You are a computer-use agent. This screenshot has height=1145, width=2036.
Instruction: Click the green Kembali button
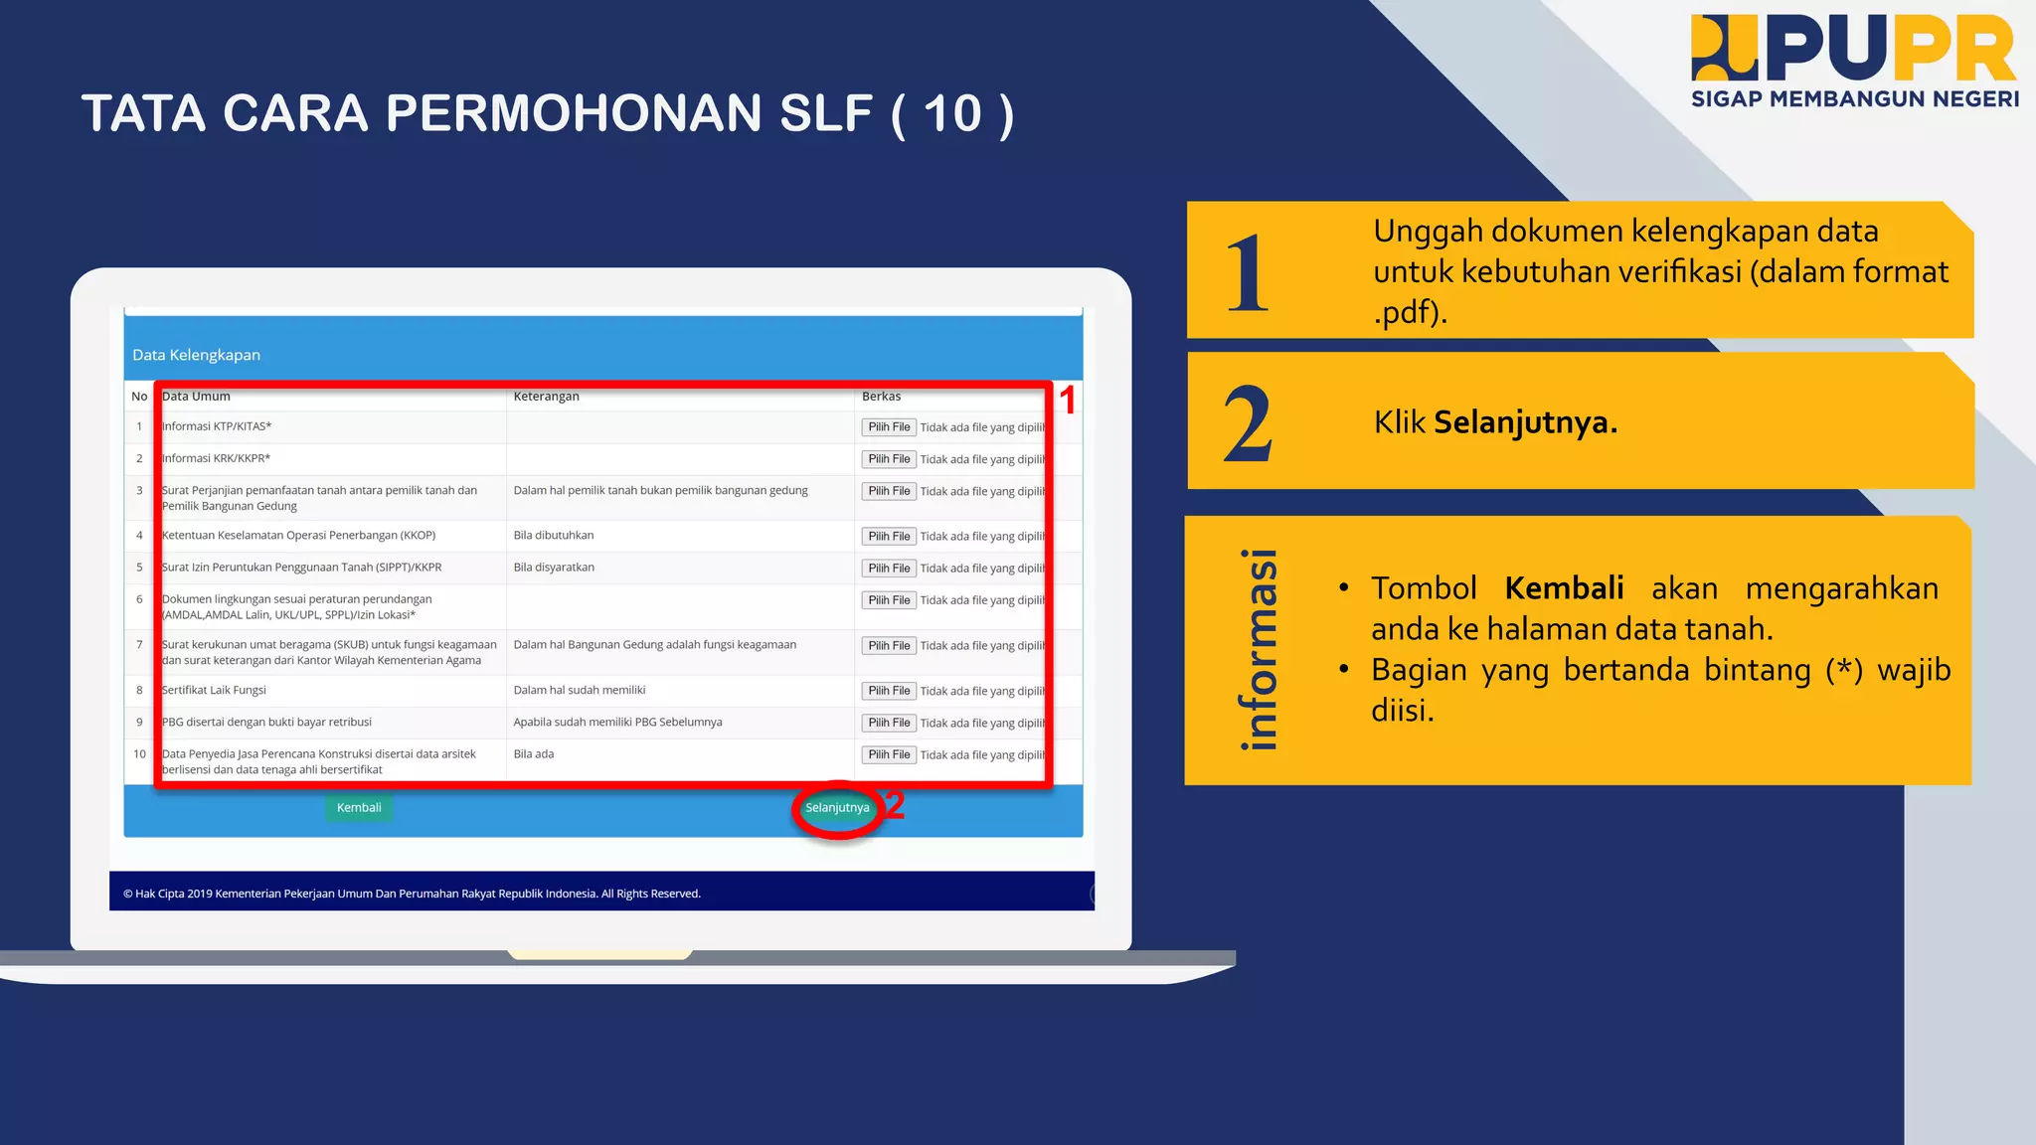coord(359,807)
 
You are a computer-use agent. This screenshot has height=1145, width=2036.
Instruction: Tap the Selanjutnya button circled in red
coord(837,807)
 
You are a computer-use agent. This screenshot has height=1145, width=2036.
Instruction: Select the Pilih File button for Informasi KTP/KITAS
coord(889,427)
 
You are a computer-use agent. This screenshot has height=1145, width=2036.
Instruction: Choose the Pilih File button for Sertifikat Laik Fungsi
coord(889,691)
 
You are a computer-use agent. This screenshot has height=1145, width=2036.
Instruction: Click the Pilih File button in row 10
coord(889,754)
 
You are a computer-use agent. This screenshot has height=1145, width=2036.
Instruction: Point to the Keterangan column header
coord(546,396)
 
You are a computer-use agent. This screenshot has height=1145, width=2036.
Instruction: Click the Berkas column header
coord(881,396)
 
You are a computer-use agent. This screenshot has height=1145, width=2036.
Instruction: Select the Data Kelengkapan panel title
coord(196,355)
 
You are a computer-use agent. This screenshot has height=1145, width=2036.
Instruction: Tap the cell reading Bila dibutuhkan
coord(553,535)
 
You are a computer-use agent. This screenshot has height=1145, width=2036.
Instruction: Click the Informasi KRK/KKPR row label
coord(216,458)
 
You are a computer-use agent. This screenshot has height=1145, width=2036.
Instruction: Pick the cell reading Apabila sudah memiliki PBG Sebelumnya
coord(617,722)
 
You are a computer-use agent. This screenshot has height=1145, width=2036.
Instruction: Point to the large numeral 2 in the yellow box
coord(1247,424)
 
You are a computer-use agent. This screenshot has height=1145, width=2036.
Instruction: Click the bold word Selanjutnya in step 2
coord(1525,422)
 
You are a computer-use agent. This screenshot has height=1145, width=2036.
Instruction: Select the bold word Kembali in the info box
coord(1564,587)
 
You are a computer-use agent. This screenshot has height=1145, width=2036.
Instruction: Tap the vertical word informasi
coord(1259,649)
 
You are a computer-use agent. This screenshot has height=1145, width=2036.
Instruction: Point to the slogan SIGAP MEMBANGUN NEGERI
coord(1855,98)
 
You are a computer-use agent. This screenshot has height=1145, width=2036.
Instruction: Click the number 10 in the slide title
coord(952,113)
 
